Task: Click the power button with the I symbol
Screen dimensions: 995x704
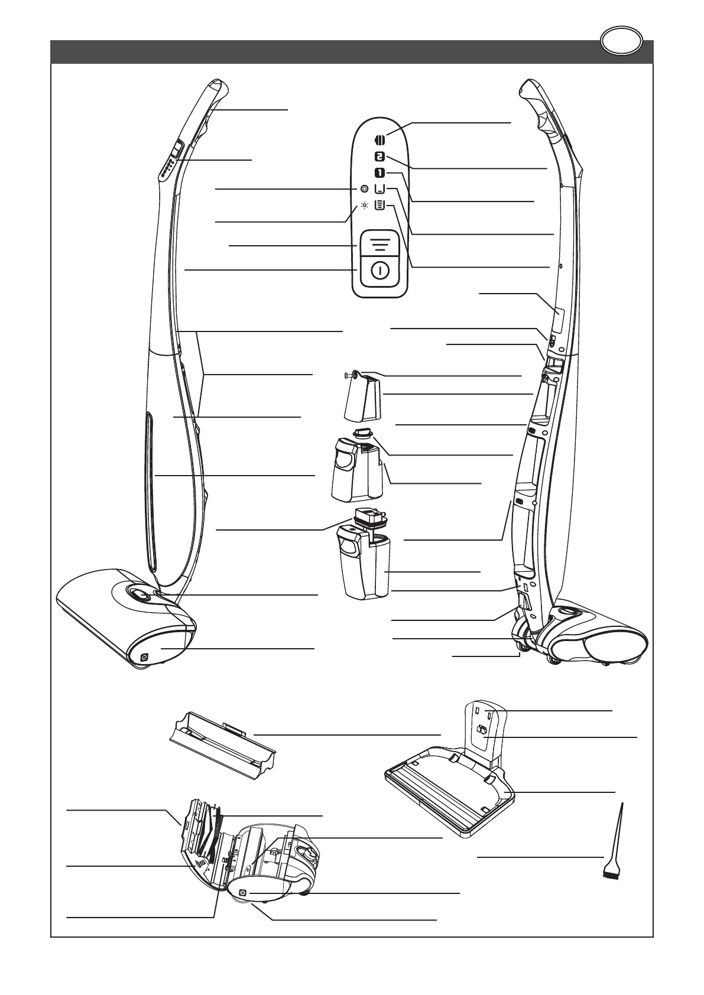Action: [380, 271]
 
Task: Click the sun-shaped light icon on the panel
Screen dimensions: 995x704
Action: [365, 206]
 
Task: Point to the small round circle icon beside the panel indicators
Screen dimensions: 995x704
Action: [365, 188]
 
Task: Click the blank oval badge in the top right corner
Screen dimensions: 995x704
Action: [621, 42]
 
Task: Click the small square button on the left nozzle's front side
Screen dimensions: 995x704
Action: [144, 656]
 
